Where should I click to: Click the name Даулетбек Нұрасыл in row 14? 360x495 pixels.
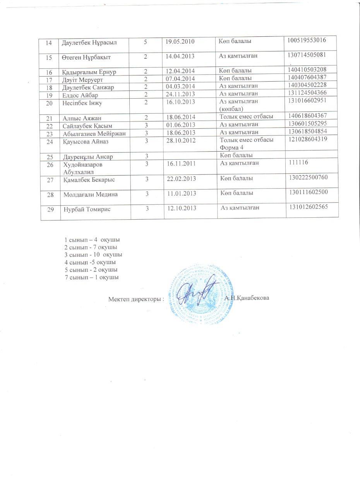(84, 43)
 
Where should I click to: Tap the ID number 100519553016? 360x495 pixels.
(307, 40)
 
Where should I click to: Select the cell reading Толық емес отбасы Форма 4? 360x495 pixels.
(246, 143)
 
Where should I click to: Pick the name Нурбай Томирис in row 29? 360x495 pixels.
(87, 209)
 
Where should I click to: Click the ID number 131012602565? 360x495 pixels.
(308, 207)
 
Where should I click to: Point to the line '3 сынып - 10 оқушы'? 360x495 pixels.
(94, 255)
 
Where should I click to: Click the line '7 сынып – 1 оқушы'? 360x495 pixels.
(92, 277)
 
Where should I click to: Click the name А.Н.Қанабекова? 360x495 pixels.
(247, 298)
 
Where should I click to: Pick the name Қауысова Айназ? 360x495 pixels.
(86, 142)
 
